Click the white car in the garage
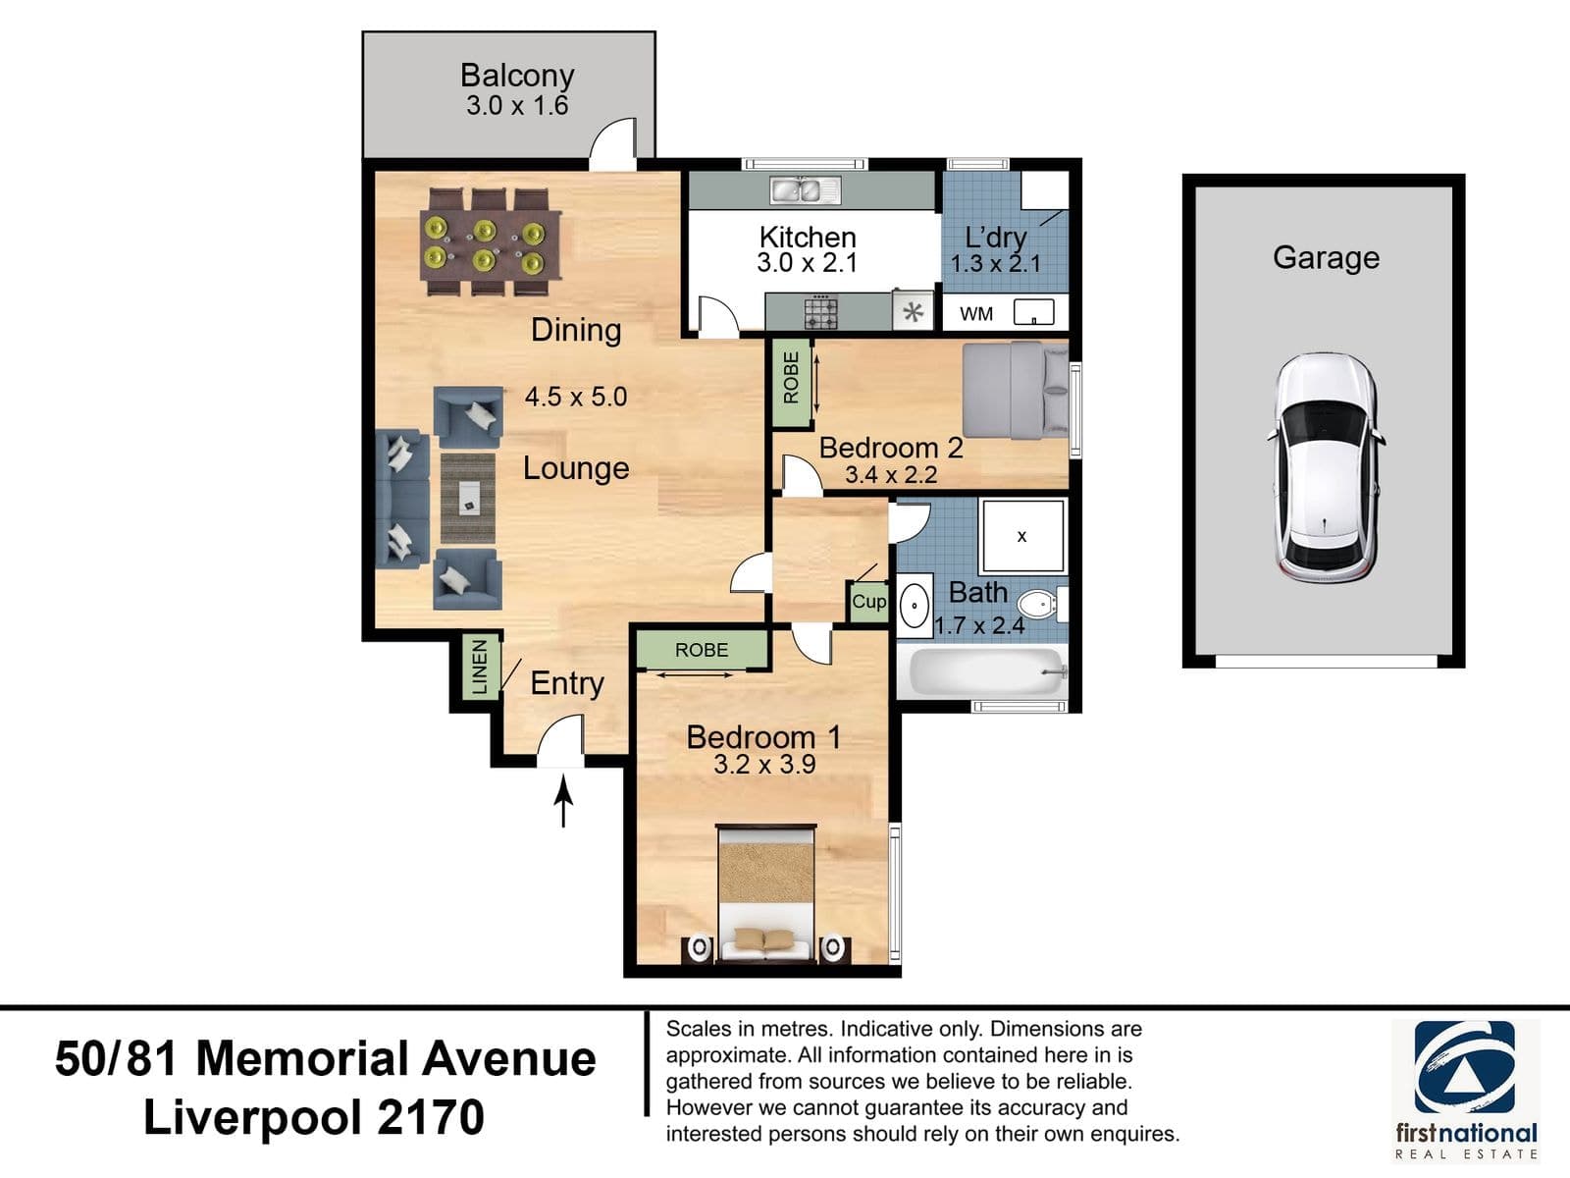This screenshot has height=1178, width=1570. pos(1326,468)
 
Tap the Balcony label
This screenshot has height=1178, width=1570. pos(517,76)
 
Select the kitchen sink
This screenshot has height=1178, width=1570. pos(806,190)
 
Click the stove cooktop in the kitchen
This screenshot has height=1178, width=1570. pos(820,312)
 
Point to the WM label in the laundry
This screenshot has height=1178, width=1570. pos(976,314)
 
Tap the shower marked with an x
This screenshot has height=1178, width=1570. pos(1022,536)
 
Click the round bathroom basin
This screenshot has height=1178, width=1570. pos(915,606)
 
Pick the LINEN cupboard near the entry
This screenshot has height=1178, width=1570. pos(480,668)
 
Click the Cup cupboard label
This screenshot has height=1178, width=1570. pos(869,602)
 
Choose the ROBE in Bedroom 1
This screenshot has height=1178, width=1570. pos(702,650)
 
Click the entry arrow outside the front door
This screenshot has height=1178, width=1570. pos(563,800)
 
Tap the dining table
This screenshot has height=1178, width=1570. pos(491,241)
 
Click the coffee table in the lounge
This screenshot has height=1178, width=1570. pos(468,499)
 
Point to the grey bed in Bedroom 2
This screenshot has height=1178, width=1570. pos(1016,390)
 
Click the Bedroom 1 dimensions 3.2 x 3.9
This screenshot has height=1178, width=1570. pos(764,765)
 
